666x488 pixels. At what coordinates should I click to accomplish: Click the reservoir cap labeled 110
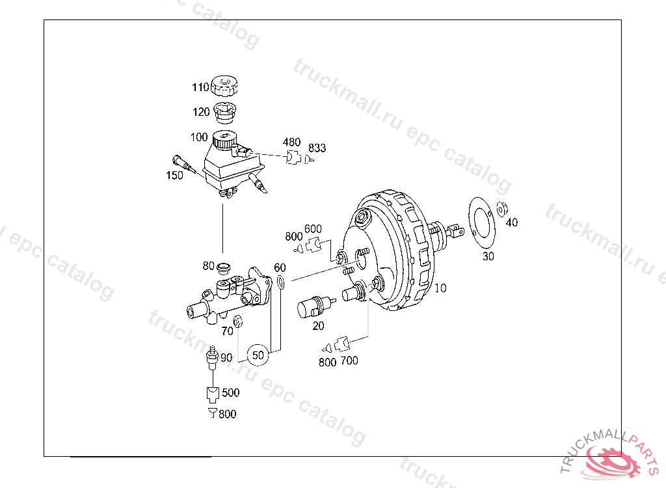click(x=224, y=86)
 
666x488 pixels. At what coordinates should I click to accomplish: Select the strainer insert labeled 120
click(x=224, y=112)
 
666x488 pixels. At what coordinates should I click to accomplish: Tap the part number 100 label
click(x=199, y=137)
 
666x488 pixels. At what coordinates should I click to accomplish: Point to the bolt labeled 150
click(x=183, y=164)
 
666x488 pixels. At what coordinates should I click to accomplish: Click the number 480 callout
click(x=292, y=142)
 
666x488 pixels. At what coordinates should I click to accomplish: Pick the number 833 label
click(x=317, y=148)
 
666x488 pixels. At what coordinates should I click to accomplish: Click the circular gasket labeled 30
click(x=482, y=224)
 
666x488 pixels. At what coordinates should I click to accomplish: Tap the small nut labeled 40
click(x=502, y=209)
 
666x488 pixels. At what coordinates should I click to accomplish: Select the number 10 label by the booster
click(x=440, y=288)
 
